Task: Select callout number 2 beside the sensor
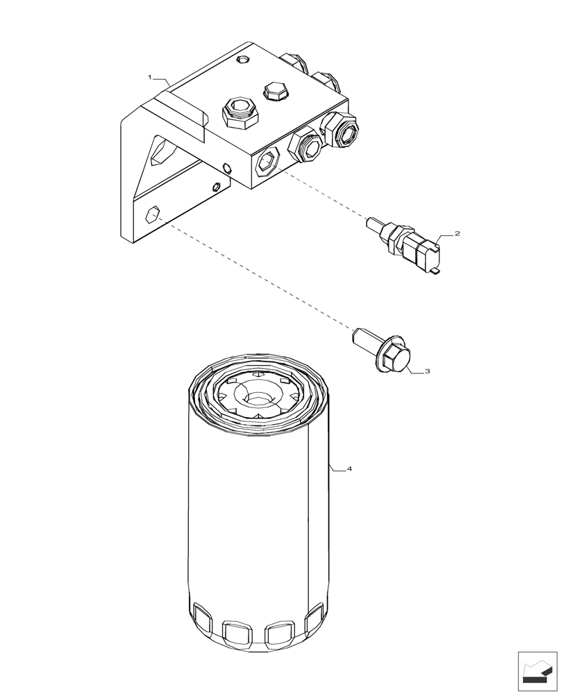coord(457,234)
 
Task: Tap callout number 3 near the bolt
coord(427,371)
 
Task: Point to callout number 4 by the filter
coord(349,469)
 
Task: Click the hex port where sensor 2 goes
coord(267,164)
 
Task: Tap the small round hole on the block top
coord(241,60)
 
